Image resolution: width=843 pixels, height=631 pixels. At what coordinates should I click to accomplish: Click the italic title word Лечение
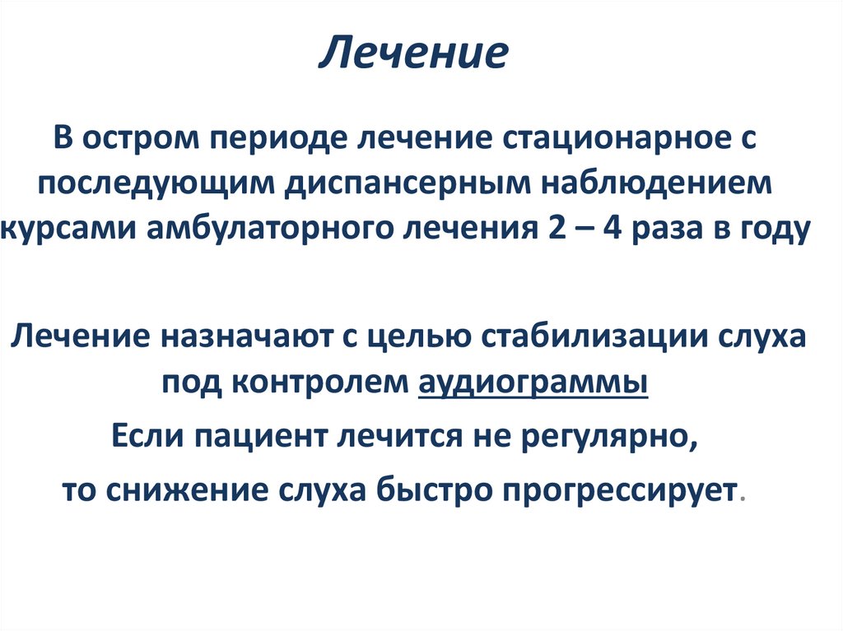(414, 53)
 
